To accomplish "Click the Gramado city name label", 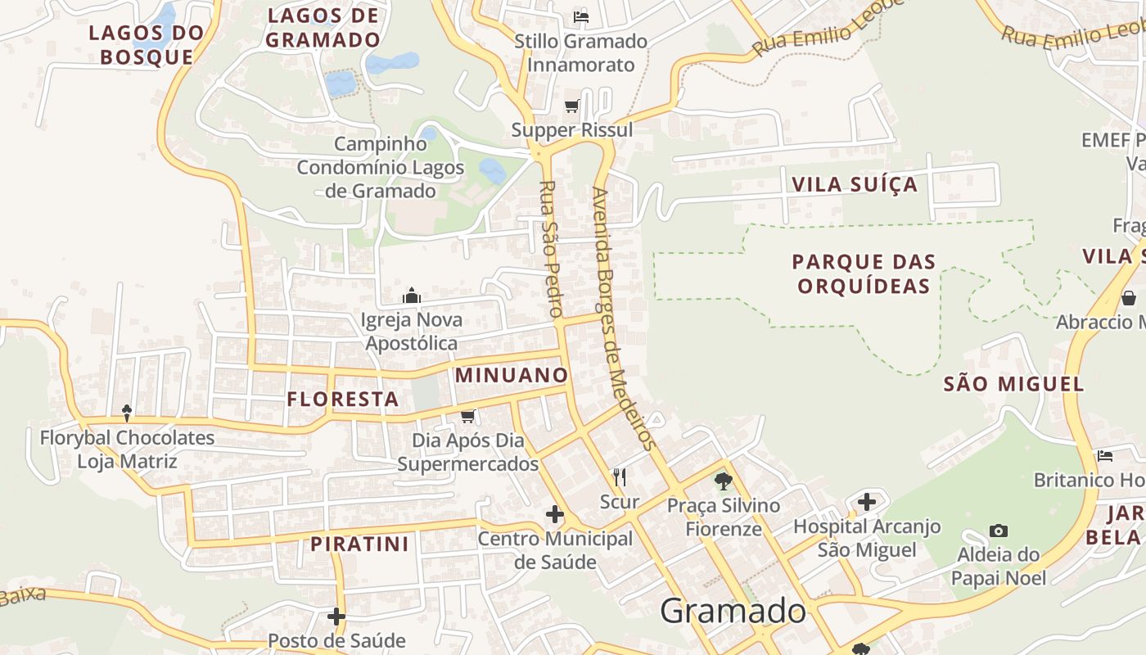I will (733, 612).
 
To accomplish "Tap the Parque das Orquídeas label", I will (864, 273).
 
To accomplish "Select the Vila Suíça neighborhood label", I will (855, 184).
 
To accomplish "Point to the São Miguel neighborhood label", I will (1013, 384).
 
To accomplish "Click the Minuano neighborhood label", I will (512, 375).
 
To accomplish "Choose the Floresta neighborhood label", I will (343, 400).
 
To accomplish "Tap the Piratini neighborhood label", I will (359, 544).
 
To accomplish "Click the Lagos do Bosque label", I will (146, 45).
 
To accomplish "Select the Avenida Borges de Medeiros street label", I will (624, 319).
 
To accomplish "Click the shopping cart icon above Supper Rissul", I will (572, 106).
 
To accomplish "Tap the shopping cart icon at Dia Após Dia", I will (467, 417).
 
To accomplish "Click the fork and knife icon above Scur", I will (620, 477).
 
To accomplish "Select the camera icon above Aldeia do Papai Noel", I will (998, 531).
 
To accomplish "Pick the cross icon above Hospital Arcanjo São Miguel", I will (867, 501).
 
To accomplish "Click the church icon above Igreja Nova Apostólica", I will (412, 295).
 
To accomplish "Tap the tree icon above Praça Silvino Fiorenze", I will (723, 481).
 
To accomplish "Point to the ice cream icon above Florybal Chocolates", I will (127, 413).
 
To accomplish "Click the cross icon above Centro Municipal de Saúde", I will (555, 514).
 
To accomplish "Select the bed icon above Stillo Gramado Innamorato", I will (581, 16).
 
